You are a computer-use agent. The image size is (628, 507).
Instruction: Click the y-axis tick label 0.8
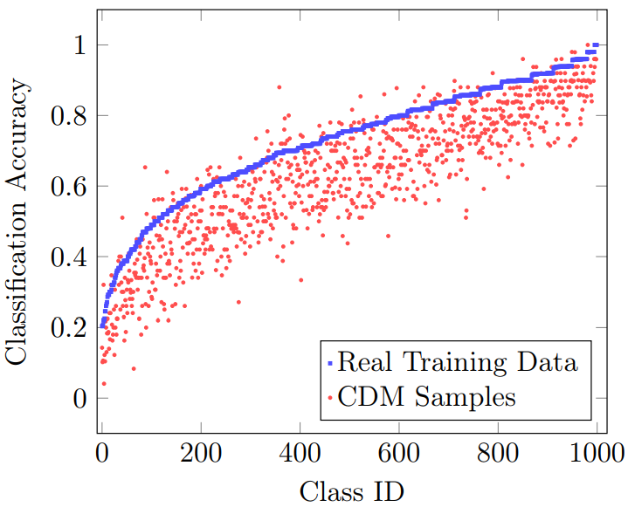[x=68, y=116]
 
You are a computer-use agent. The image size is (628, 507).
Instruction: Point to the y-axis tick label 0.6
[x=68, y=187]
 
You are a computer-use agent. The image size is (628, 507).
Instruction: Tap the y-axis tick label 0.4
[x=68, y=257]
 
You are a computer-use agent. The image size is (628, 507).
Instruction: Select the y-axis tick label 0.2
[x=68, y=328]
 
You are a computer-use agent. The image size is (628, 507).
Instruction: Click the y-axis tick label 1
[x=79, y=45]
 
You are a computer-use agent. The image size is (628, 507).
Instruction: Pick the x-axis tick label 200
[x=201, y=454]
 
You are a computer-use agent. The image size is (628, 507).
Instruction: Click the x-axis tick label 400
[x=300, y=454]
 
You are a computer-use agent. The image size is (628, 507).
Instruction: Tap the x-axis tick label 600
[x=399, y=454]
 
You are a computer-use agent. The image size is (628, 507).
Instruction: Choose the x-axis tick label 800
[x=498, y=454]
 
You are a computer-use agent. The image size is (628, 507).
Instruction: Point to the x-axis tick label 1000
[x=597, y=454]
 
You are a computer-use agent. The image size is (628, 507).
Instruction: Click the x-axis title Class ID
[x=352, y=491]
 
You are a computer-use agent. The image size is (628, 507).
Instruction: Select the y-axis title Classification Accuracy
[x=16, y=222]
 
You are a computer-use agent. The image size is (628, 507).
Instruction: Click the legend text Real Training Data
[x=458, y=362]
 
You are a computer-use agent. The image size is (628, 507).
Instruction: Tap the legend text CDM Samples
[x=426, y=397]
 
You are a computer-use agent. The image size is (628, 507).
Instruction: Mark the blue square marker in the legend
[x=330, y=363]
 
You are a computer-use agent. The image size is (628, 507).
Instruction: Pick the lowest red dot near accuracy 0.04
[x=104, y=384]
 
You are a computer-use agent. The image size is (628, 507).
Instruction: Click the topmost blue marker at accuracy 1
[x=596, y=45]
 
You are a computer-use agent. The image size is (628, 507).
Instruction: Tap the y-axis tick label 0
[x=79, y=399]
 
